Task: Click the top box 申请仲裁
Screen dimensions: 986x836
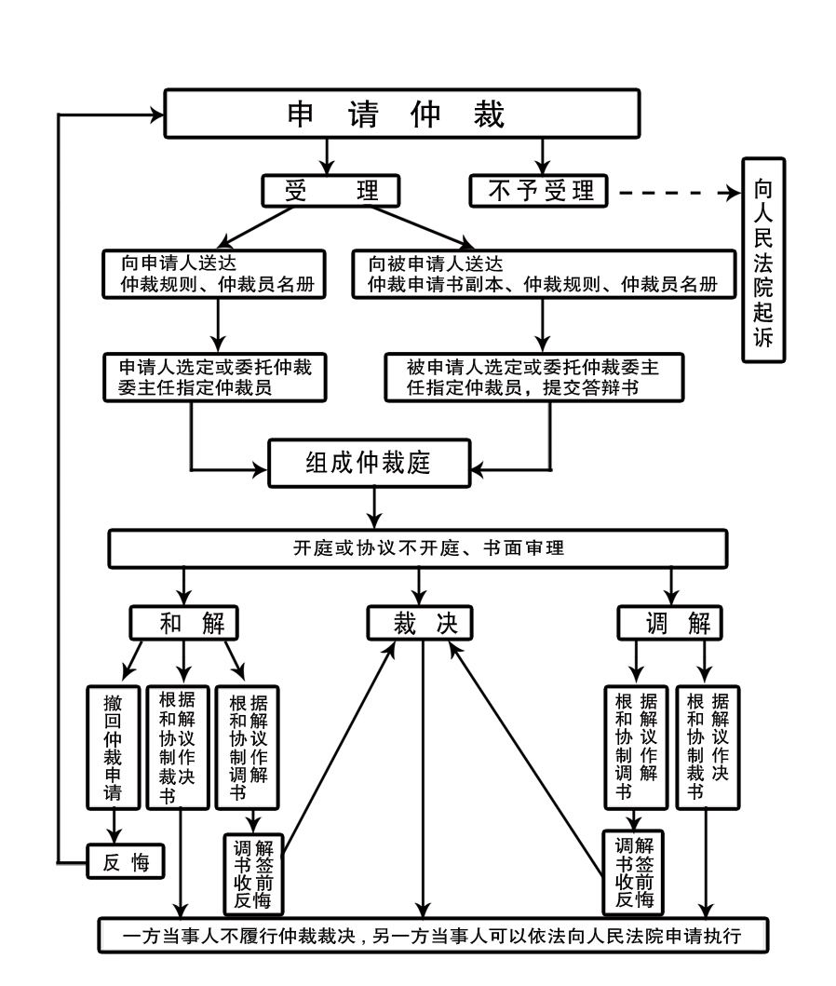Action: (x=402, y=115)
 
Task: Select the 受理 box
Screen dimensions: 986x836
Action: (x=330, y=191)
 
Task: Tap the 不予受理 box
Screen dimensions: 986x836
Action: (x=539, y=191)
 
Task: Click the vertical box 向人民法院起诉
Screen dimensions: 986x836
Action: (x=762, y=260)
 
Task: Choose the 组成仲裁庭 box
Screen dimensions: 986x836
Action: (x=369, y=463)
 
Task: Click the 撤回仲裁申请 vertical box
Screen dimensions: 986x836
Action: (x=113, y=747)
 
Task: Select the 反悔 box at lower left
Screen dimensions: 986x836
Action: (x=126, y=862)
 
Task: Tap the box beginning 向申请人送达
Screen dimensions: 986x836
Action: (x=213, y=274)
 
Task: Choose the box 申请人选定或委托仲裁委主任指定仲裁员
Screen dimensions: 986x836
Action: (x=215, y=377)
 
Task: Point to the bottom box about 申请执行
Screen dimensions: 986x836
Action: (x=434, y=936)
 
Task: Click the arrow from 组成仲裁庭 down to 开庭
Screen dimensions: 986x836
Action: (x=375, y=507)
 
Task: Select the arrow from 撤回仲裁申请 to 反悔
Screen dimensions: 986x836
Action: (x=115, y=825)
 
